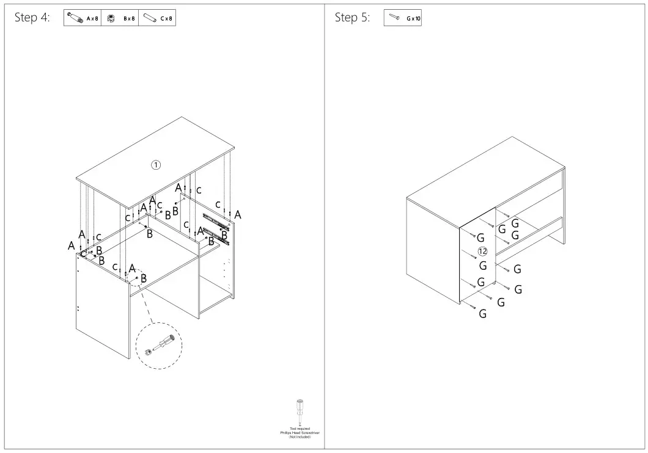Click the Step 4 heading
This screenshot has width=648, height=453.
(x=32, y=18)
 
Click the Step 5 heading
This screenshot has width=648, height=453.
(x=352, y=18)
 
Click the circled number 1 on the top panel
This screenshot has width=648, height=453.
(x=156, y=164)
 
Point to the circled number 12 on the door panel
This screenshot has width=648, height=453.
(x=482, y=252)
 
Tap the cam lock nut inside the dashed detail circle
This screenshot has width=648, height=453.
(x=148, y=352)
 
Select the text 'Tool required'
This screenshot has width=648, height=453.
(x=300, y=429)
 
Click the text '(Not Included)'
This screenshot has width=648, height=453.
(x=300, y=437)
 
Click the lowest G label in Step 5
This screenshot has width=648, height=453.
(x=482, y=314)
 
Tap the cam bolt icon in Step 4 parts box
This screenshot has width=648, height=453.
(x=75, y=18)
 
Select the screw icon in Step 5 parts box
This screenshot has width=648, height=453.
(x=394, y=18)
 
